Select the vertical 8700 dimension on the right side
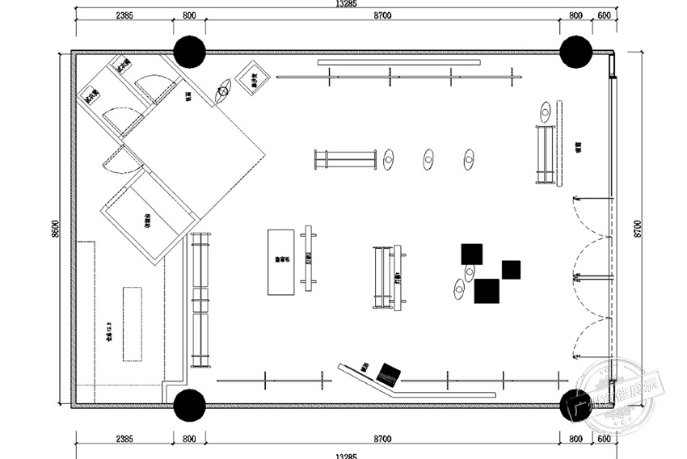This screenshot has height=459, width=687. [638, 229]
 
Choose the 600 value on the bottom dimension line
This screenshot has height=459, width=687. [604, 440]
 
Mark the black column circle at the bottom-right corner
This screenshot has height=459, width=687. [575, 406]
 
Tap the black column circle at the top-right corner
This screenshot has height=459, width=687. [575, 52]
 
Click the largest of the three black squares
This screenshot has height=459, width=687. [487, 290]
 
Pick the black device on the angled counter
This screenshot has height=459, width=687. [388, 373]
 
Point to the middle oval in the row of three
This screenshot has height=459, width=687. [428, 159]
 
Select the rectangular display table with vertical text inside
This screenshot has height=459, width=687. [280, 262]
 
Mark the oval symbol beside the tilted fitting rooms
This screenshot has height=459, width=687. [224, 94]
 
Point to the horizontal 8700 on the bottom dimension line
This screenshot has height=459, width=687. [382, 440]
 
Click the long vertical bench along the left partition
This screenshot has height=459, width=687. [200, 300]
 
